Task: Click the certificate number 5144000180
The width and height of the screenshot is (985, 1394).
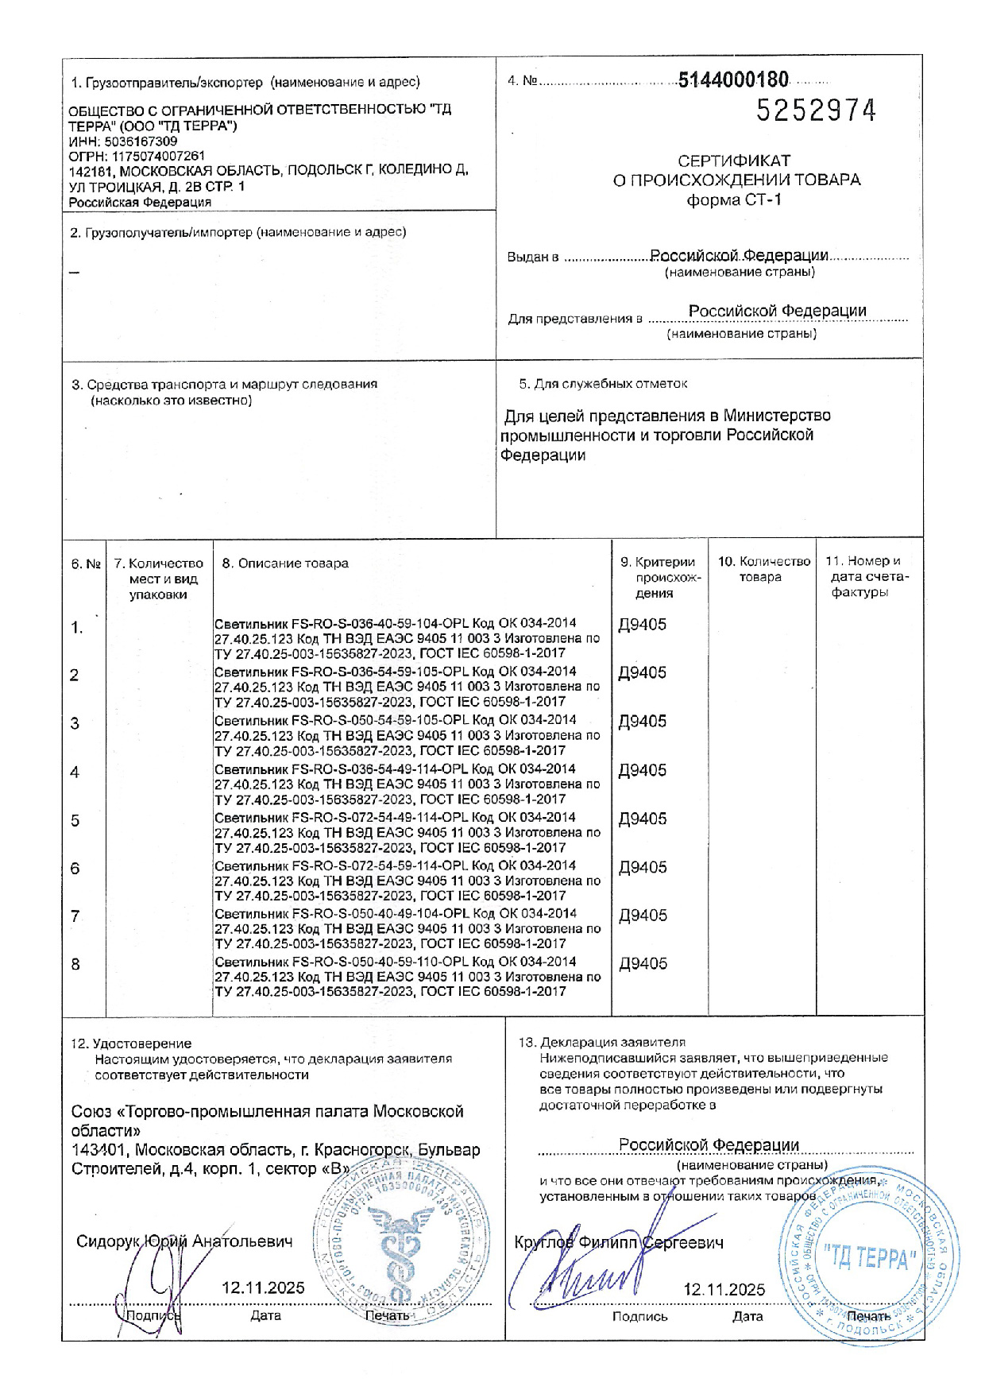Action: pyautogui.click(x=733, y=79)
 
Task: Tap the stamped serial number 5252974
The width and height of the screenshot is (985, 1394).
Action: pyautogui.click(x=816, y=110)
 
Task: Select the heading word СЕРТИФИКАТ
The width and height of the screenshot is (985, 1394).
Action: pyautogui.click(x=734, y=161)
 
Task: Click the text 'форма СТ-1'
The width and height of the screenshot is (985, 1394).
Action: pyautogui.click(x=734, y=199)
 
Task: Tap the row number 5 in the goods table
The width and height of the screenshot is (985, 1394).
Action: pyautogui.click(x=75, y=820)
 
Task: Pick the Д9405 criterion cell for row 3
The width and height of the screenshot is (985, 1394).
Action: pyautogui.click(x=643, y=722)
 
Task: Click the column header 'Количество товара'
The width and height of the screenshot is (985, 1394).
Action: pyautogui.click(x=763, y=569)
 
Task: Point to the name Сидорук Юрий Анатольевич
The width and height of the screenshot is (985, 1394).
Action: pyautogui.click(x=184, y=1241)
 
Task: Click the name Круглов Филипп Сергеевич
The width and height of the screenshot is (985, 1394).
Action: pyautogui.click(x=619, y=1243)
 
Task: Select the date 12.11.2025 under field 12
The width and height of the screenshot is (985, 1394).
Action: pyautogui.click(x=263, y=1288)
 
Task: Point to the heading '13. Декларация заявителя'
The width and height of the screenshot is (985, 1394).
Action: pyautogui.click(x=601, y=1042)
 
